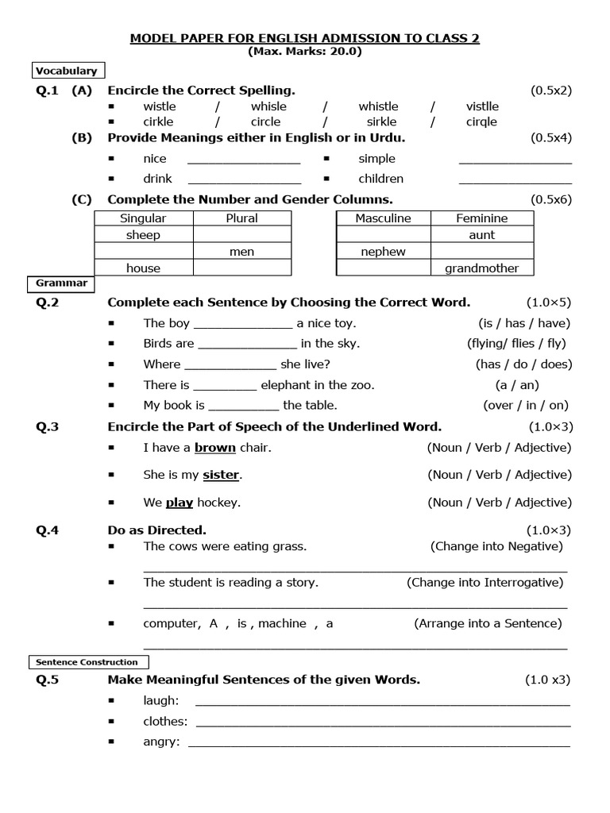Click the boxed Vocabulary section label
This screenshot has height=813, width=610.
(x=65, y=71)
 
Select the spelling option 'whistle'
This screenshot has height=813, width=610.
(x=378, y=106)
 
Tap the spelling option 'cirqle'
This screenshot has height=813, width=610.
(x=481, y=122)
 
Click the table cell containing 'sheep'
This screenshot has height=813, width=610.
(x=143, y=235)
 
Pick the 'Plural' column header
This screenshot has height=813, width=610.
(x=241, y=218)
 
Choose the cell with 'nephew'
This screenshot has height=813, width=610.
(x=383, y=252)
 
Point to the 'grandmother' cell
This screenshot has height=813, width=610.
(x=481, y=268)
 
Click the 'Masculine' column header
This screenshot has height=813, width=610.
(x=383, y=218)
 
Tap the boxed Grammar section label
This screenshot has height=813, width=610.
(x=61, y=283)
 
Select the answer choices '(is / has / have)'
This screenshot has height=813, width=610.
(x=519, y=323)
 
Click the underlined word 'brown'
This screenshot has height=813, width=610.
(x=215, y=448)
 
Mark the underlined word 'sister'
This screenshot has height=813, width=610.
(x=221, y=475)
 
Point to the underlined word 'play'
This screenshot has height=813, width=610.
(x=180, y=503)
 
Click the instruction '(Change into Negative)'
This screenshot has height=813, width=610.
(x=496, y=546)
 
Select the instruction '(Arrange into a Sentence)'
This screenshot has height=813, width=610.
(x=488, y=623)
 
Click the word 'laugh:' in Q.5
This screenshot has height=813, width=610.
(x=161, y=700)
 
